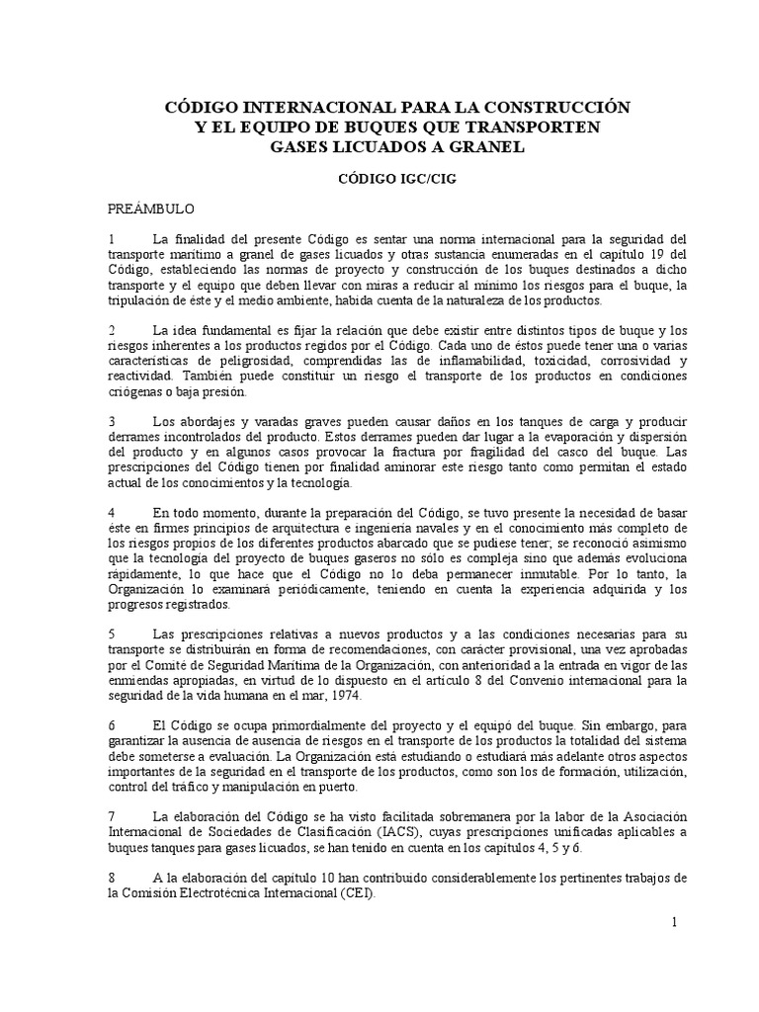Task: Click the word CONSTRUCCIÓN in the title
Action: (558, 106)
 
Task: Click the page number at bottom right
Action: (672, 921)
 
